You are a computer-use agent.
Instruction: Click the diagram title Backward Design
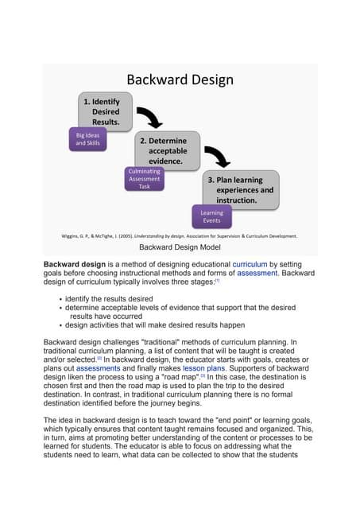[x=180, y=80]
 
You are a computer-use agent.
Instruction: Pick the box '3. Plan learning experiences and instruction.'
[x=238, y=190]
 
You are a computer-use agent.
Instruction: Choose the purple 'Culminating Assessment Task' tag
[x=144, y=178]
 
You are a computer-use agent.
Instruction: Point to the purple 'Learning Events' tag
[x=211, y=216]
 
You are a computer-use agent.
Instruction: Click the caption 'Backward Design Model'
[x=180, y=248]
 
